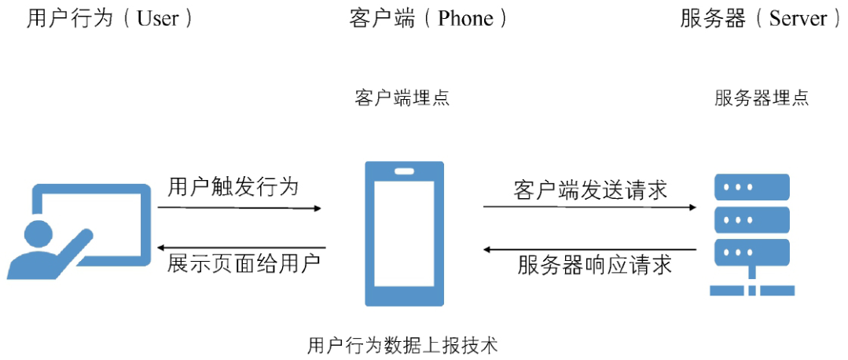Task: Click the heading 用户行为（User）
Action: (x=110, y=19)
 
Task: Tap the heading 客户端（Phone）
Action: (x=428, y=19)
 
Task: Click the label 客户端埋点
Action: (x=402, y=98)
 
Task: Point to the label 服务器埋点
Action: (x=762, y=98)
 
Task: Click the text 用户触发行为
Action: (x=233, y=187)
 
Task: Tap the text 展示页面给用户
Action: (x=244, y=263)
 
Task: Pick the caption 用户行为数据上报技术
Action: (x=402, y=345)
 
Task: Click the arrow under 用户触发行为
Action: (x=240, y=208)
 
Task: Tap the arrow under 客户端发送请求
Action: (x=590, y=208)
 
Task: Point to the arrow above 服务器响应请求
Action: (x=590, y=250)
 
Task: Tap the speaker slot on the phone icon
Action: (x=404, y=171)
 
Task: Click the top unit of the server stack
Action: (x=751, y=187)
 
